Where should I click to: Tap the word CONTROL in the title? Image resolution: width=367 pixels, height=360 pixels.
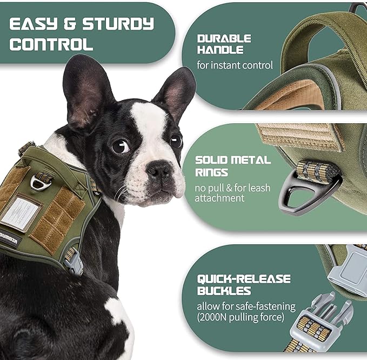[51, 44]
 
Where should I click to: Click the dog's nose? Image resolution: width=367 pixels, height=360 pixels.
[159, 172]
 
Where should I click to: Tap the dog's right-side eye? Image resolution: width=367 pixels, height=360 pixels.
[176, 141]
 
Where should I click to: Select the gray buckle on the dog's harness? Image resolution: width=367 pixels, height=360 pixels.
[74, 262]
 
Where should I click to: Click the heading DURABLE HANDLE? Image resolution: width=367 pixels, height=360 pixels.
[224, 44]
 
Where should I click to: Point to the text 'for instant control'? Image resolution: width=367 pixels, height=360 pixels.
[235, 65]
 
